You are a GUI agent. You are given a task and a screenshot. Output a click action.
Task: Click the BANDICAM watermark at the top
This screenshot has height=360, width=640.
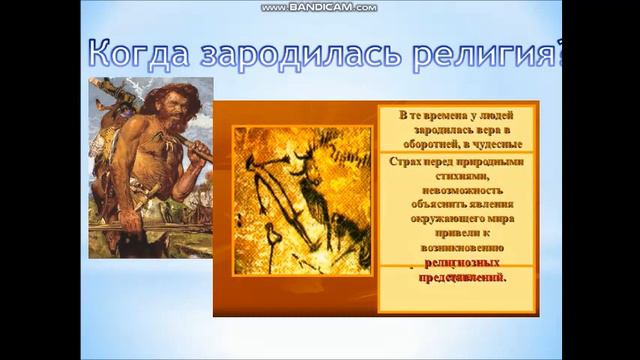tap(319, 7)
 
